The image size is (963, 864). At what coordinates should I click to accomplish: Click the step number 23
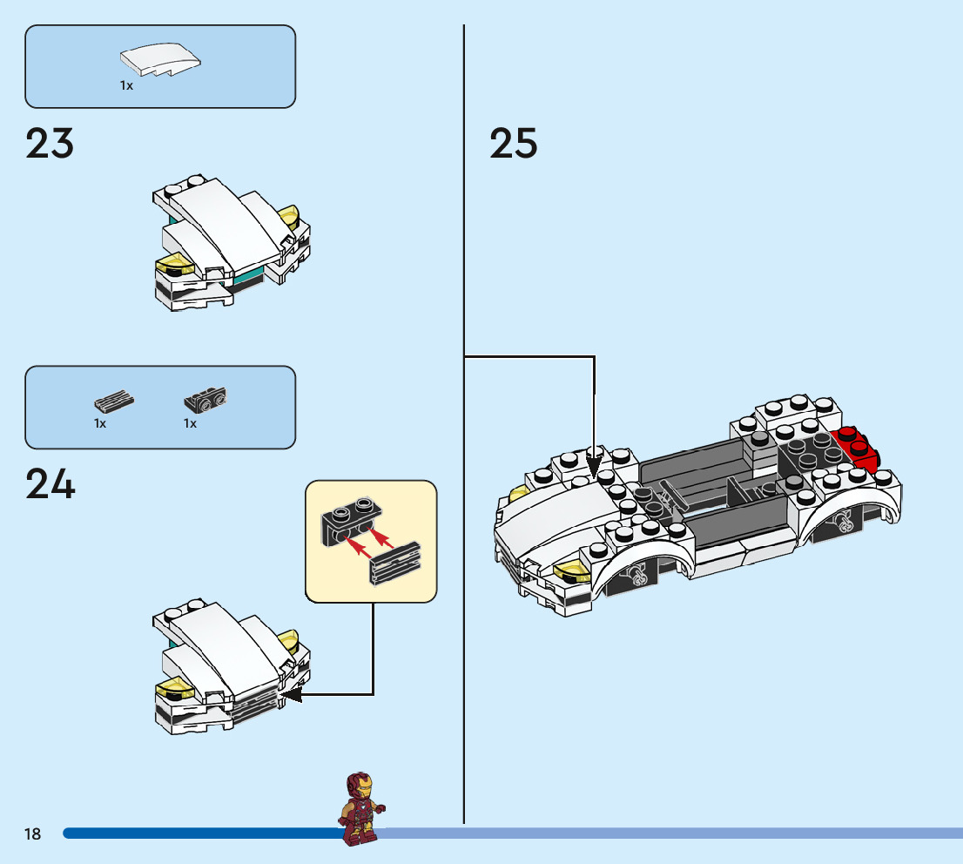tap(50, 144)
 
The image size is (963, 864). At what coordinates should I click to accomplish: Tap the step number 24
tap(51, 485)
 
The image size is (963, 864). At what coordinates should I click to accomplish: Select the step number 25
tap(514, 144)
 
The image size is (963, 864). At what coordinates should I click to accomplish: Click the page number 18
tap(32, 834)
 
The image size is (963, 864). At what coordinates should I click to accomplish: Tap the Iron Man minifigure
tap(360, 808)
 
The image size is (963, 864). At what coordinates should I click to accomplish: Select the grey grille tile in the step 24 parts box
tap(114, 402)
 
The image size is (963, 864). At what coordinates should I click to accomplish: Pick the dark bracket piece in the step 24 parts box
tap(205, 401)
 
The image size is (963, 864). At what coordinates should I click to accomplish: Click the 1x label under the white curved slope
tap(126, 86)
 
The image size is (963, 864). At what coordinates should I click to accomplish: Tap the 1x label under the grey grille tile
tap(100, 424)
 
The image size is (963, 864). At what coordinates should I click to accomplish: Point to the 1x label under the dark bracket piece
tap(190, 424)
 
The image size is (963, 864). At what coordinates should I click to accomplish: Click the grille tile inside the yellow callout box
tap(396, 564)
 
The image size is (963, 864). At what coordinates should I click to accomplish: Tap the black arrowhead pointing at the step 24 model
tap(292, 694)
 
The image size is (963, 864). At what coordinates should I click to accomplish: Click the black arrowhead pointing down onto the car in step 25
tap(594, 466)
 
